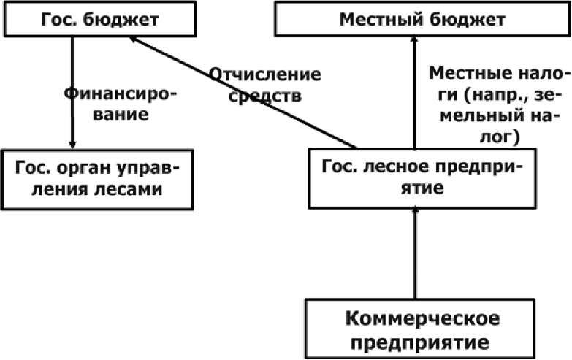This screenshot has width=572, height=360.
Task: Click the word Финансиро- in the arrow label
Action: pyautogui.click(x=121, y=94)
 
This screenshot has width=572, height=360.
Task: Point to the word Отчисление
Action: pyautogui.click(x=265, y=74)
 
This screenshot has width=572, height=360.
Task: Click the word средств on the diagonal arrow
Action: pyautogui.click(x=265, y=96)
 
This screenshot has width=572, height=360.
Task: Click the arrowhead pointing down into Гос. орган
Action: pyautogui.click(x=72, y=144)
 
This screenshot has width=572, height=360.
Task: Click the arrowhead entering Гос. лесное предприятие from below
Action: pyautogui.click(x=415, y=212)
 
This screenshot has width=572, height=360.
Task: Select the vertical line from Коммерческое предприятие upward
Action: pyautogui.click(x=415, y=254)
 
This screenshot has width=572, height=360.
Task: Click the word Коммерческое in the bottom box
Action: pyautogui.click(x=422, y=318)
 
